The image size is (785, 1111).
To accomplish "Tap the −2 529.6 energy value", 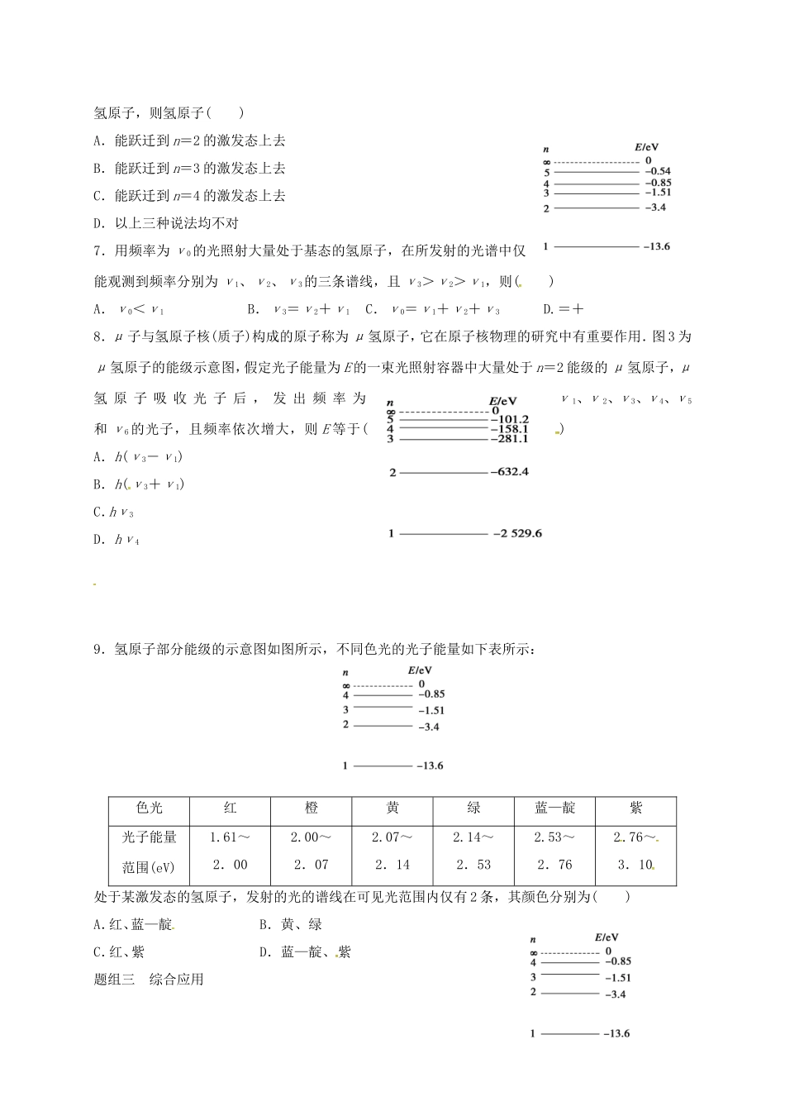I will click(517, 533).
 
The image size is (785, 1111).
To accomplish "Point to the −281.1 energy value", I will click(509, 439).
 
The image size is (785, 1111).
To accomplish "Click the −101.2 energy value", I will click(509, 419).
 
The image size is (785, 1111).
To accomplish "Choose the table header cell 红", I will click(230, 808).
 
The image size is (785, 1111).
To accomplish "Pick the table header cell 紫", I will click(635, 808).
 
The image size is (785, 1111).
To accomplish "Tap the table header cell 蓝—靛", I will click(554, 808).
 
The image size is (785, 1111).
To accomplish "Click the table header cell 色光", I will click(149, 808).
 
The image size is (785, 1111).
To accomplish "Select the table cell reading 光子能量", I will click(149, 837).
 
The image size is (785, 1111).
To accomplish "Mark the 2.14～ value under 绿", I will click(473, 837).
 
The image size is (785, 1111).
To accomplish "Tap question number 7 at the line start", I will click(98, 250).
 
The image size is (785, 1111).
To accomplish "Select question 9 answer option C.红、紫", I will click(119, 952).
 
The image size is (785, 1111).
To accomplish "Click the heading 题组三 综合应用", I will click(149, 980).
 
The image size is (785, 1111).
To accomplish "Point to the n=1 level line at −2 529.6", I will click(444, 534).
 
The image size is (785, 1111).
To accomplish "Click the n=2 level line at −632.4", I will click(444, 473).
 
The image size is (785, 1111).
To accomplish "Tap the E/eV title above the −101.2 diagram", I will click(502, 399).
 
